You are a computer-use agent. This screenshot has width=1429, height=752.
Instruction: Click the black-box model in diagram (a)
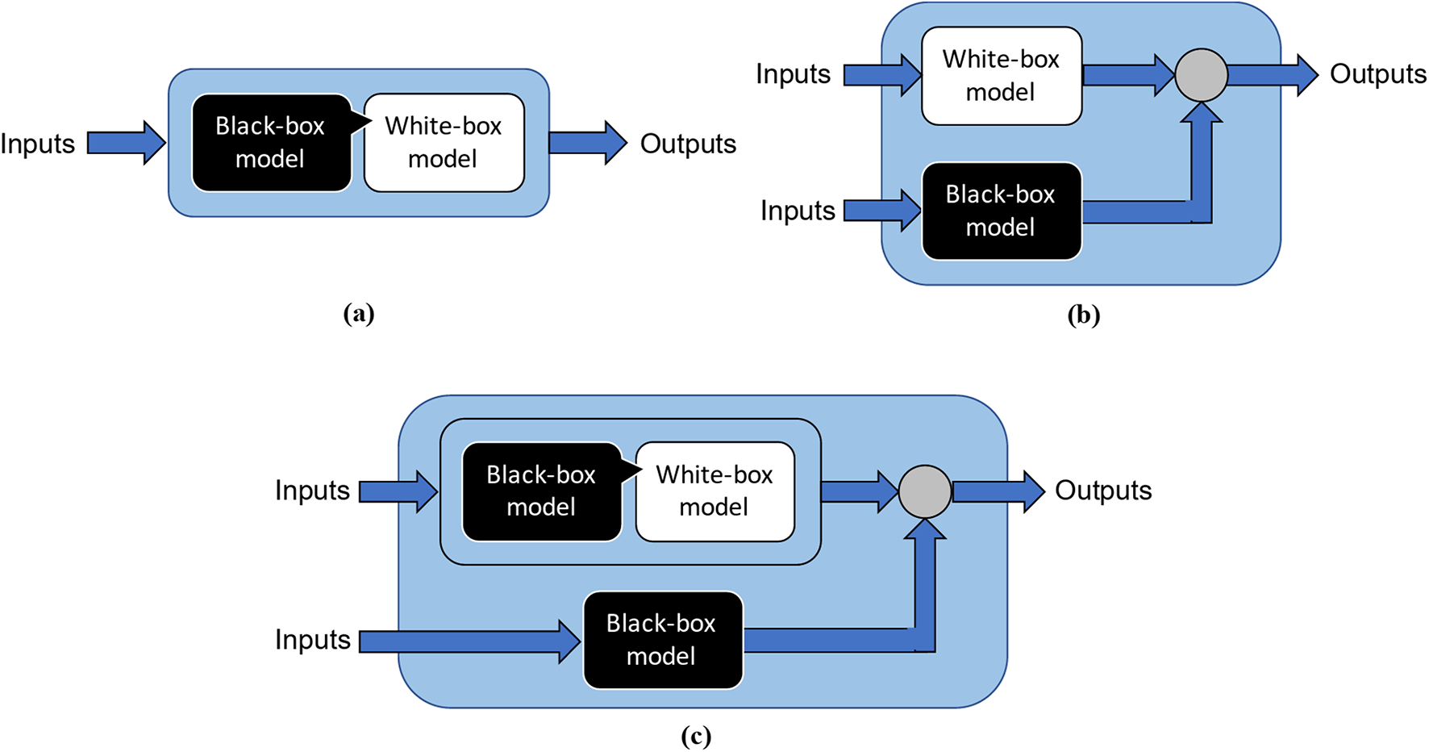(x=271, y=143)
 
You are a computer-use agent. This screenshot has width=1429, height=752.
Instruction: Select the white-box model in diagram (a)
(x=444, y=143)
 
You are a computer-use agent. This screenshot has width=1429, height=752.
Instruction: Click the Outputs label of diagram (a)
(x=688, y=144)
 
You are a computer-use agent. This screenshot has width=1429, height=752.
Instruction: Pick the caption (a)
(x=358, y=313)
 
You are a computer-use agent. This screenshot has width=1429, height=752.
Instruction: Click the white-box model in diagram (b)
(x=1001, y=76)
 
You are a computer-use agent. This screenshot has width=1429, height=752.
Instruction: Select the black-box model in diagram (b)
(x=1001, y=211)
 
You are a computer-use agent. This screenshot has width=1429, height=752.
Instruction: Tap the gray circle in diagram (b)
(x=1201, y=75)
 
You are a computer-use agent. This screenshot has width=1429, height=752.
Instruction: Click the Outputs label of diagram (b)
(x=1377, y=74)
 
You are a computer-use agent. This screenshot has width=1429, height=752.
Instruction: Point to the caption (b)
(x=1083, y=315)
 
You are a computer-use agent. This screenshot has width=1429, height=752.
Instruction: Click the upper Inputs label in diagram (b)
(x=793, y=74)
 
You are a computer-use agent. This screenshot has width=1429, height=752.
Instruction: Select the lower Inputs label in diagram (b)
(x=798, y=211)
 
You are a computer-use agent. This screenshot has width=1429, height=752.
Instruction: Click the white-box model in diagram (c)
(x=714, y=491)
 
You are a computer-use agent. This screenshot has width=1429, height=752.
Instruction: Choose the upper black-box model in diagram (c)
(x=541, y=491)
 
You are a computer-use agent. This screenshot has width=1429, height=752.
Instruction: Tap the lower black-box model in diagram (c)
(x=662, y=640)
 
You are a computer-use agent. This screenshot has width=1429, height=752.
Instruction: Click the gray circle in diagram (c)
(x=925, y=491)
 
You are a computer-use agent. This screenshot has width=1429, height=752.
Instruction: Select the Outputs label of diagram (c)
(x=1103, y=491)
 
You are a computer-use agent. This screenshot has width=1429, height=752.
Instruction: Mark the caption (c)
(x=695, y=736)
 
